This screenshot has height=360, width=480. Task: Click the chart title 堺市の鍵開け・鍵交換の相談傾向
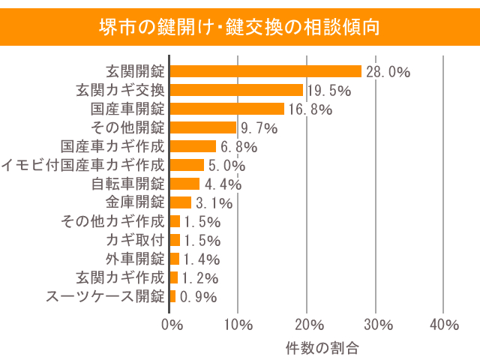click(240, 28)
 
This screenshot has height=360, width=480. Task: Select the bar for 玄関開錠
click(265, 71)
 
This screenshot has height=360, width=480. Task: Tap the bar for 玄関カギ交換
click(236, 90)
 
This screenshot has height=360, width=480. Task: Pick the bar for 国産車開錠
click(227, 109)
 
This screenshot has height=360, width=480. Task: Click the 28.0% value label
click(387, 72)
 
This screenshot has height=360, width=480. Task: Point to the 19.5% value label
click(328, 91)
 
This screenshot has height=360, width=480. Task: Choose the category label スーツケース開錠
click(105, 296)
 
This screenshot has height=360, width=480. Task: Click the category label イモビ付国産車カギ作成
click(82, 165)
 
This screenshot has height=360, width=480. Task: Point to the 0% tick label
click(172, 325)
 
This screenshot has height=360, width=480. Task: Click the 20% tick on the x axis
click(307, 325)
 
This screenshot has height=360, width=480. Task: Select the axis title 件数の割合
click(322, 347)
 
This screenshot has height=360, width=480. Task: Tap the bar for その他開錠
click(203, 127)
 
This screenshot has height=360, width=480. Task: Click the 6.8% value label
click(239, 147)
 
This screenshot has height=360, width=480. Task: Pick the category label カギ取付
click(134, 240)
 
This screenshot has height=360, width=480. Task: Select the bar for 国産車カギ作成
click(193, 146)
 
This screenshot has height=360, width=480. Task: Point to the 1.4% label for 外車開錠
click(201, 259)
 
